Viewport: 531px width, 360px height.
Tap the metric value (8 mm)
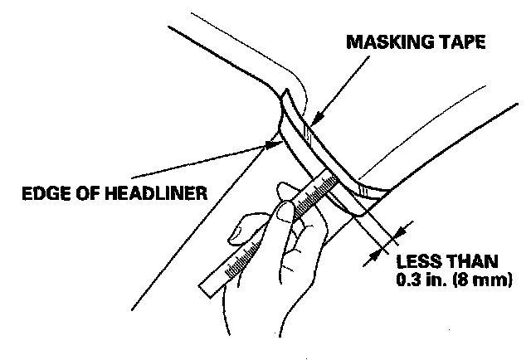pos(488,280)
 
